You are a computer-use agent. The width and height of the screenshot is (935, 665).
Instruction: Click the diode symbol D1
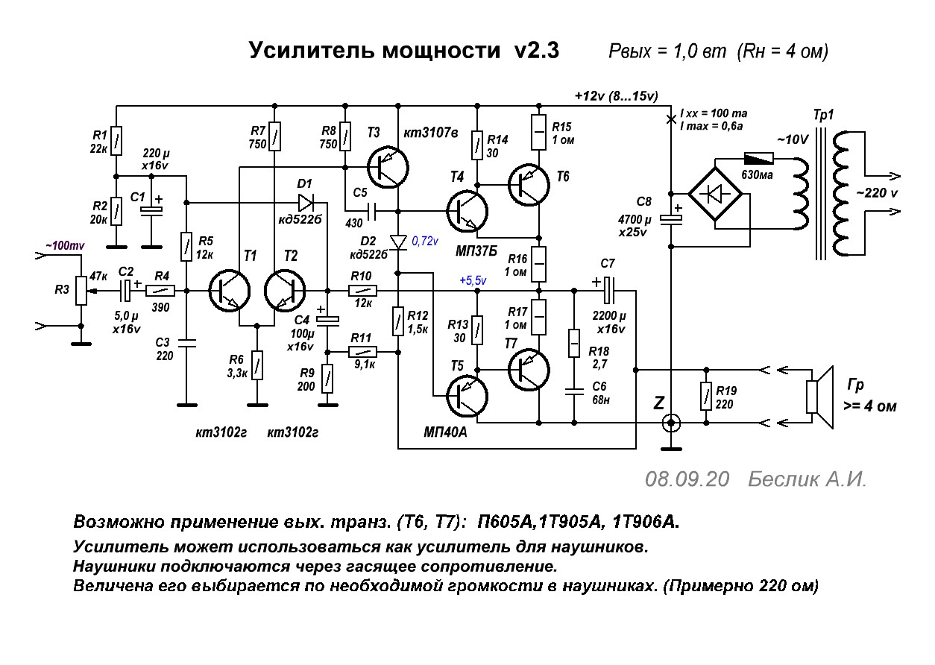(x=306, y=202)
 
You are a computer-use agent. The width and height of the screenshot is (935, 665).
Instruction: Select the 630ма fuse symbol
(x=758, y=159)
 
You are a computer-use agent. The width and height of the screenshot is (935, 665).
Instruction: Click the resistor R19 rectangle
(x=705, y=395)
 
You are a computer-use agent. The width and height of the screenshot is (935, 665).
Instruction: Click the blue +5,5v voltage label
(x=473, y=281)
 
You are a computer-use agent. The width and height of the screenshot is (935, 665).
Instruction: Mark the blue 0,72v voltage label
(x=425, y=241)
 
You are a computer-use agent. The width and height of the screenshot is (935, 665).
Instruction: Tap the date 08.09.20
(x=687, y=479)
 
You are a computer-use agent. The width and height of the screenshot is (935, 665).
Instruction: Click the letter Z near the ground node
(x=658, y=403)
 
